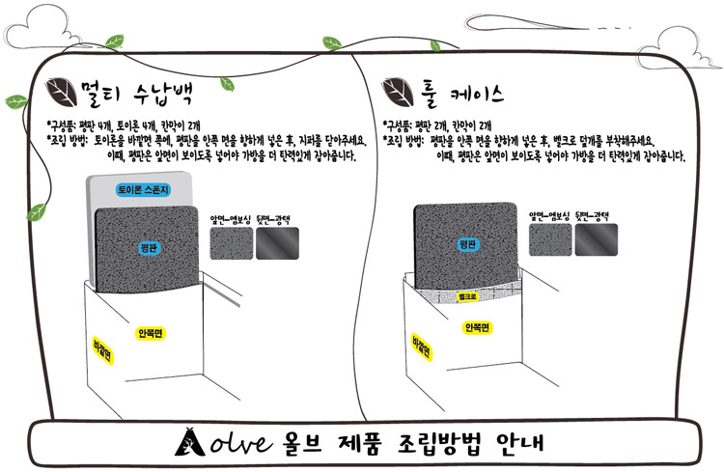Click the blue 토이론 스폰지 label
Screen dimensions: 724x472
pyautogui.click(x=144, y=189)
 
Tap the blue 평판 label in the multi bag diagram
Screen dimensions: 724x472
pyautogui.click(x=149, y=248)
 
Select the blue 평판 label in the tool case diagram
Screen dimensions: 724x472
pyautogui.click(x=467, y=244)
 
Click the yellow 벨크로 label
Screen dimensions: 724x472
pyautogui.click(x=467, y=296)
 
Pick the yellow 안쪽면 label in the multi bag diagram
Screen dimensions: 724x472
pyautogui.click(x=150, y=333)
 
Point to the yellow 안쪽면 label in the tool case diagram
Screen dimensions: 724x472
pyautogui.click(x=477, y=327)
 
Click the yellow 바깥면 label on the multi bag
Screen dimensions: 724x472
pyautogui.click(x=102, y=350)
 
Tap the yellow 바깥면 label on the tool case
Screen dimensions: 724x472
pyautogui.click(x=422, y=347)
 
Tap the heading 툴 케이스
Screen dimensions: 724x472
pyautogui.click(x=462, y=94)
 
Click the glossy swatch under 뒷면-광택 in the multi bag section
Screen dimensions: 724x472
pyautogui.click(x=277, y=243)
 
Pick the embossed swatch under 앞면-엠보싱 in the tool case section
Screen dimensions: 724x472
pyautogui.click(x=550, y=239)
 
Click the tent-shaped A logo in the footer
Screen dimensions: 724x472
pyautogui.click(x=190, y=442)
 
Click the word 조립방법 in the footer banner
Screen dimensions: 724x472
pyautogui.click(x=439, y=443)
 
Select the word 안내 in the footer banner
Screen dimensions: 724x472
pyautogui.click(x=519, y=442)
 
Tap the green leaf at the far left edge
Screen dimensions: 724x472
pyautogui.click(x=16, y=101)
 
